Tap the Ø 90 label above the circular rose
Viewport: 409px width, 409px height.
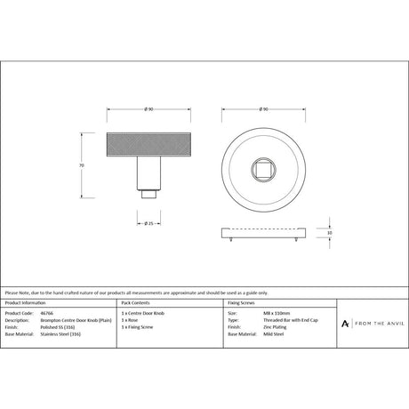pos(263,109)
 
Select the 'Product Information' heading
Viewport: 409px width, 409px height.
pos(26,305)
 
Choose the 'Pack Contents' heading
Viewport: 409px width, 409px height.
pos(136,305)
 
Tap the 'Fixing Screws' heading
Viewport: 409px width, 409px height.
pos(243,305)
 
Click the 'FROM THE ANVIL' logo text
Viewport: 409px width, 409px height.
pos(377,322)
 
